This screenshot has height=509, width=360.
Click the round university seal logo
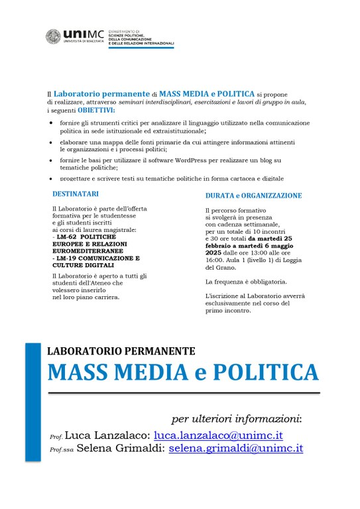pos(54,36)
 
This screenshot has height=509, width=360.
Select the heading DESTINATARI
pos(76,194)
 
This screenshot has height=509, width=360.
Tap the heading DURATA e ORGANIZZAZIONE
pos(253,196)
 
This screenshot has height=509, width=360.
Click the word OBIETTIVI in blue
pos(95,111)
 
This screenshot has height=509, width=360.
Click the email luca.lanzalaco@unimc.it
pos(218,435)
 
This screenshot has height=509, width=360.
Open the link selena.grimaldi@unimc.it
pos(235,448)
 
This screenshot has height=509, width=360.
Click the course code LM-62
pos(64,237)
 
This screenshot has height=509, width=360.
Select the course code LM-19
pos(64,258)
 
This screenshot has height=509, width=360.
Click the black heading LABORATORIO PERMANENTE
pos(121,350)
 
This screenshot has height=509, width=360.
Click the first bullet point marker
pos(52,123)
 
